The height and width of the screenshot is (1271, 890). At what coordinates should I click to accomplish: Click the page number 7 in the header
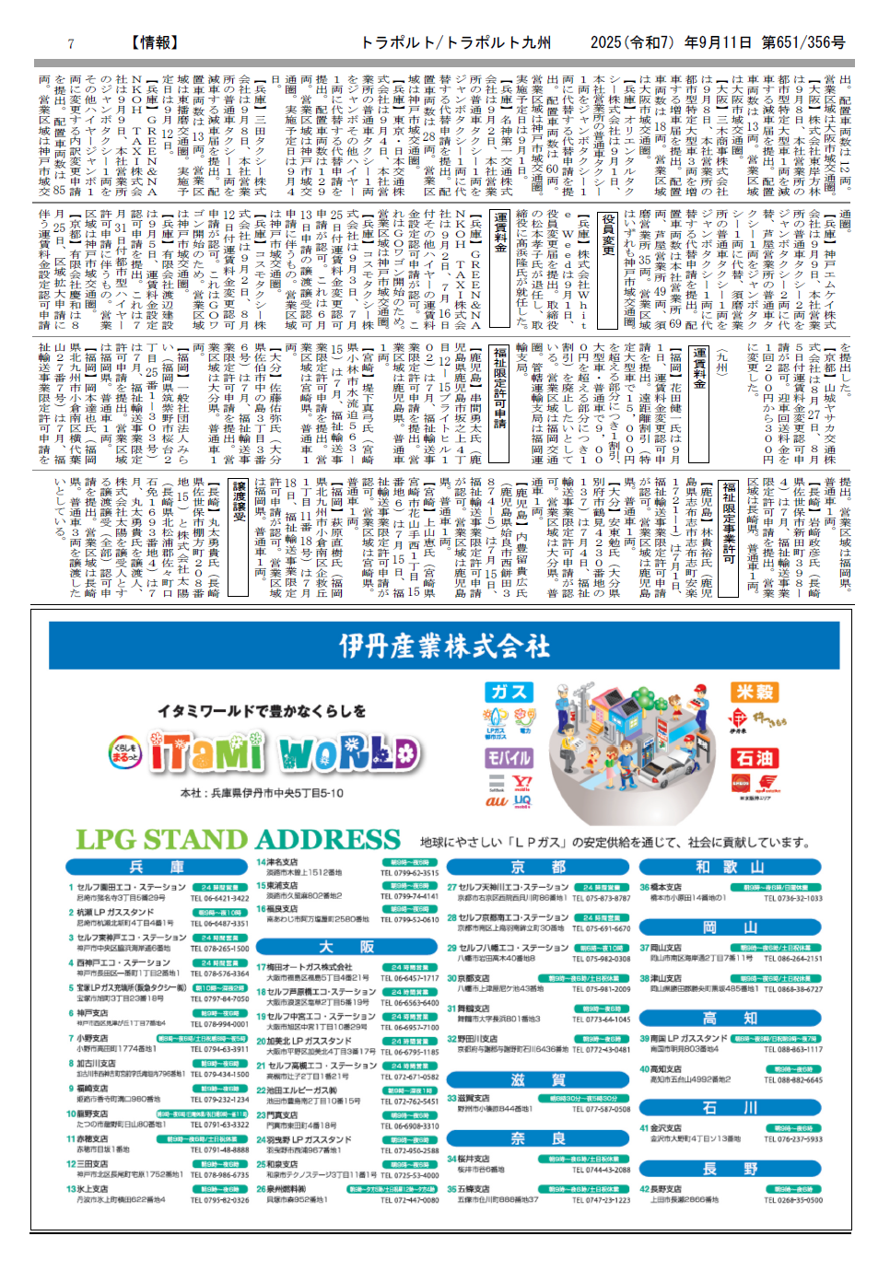coord(71,43)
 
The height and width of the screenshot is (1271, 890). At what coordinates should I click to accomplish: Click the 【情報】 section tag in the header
coord(155,42)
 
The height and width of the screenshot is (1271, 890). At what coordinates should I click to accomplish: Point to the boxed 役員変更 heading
coord(608,235)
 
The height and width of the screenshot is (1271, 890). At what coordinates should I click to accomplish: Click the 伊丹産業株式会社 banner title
coord(445,646)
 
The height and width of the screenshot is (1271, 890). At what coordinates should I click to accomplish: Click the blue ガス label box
coord(509,692)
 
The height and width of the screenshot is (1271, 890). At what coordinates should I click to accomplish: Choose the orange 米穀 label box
coord(755,692)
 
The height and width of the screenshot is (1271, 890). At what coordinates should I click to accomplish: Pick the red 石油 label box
coord(755,758)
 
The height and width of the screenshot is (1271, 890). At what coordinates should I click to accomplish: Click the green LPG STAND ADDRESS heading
coord(239,840)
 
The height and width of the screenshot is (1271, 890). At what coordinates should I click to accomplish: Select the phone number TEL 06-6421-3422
coord(219,898)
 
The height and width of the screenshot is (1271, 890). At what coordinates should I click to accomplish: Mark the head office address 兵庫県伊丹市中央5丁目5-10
coord(263,793)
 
